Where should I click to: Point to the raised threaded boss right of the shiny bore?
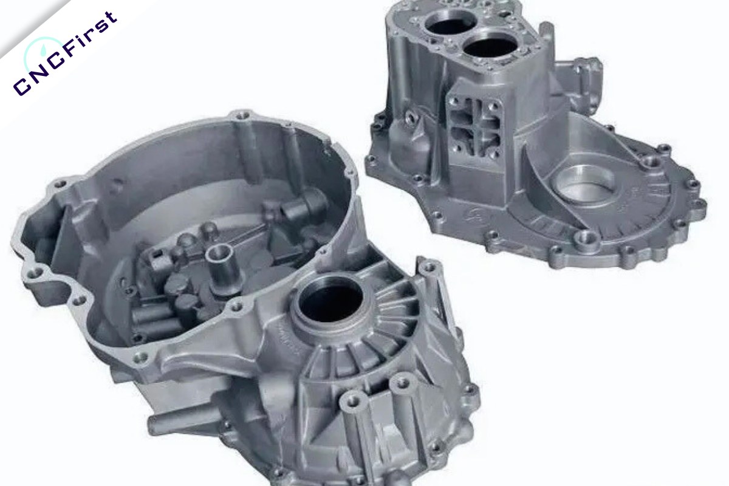click(651, 163)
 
